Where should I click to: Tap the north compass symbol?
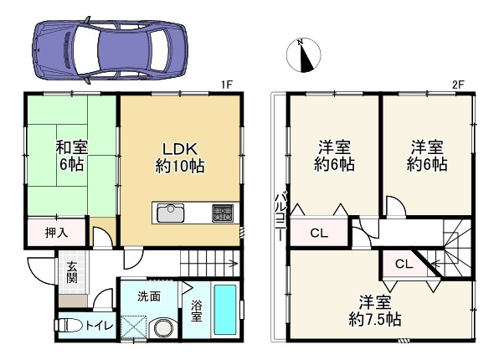pos(304,55)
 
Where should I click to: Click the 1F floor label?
pos(227,85)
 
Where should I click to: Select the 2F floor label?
pos(458,85)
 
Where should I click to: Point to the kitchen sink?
pos(171,213)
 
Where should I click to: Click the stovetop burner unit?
pos(223,213)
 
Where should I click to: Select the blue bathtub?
pos(225,310)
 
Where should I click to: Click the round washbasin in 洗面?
pos(164,327)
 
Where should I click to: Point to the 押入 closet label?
pos(56,233)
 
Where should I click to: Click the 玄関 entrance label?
pos(72,273)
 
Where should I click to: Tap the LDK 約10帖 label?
pos(180,157)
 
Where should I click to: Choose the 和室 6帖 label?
pos(72,156)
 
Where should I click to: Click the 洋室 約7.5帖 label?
pos(375,311)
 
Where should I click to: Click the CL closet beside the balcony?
pos(319,233)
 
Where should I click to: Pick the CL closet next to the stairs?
pos(404,264)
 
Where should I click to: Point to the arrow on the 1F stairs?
pos(209,264)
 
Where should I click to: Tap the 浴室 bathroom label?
pos(197,311)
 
